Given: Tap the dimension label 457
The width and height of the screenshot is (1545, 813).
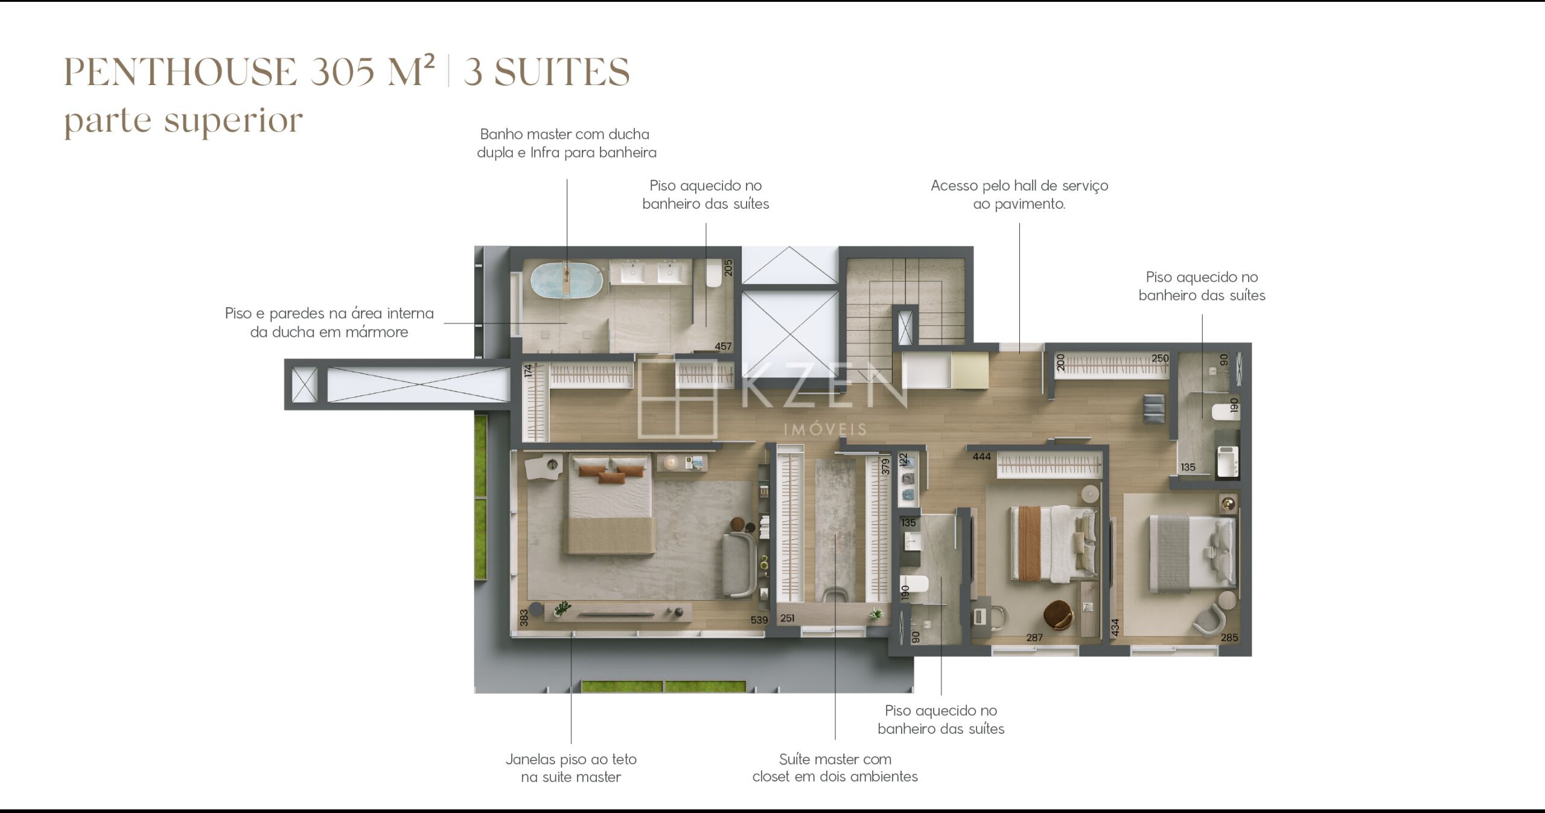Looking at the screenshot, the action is (723, 346).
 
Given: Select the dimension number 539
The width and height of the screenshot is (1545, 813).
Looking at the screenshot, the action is (759, 620).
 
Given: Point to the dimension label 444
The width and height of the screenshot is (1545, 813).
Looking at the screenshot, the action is (982, 457).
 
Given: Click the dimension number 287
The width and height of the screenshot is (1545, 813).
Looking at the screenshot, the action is (1034, 637).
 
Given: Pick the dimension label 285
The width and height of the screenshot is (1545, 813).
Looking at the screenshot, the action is (1229, 637).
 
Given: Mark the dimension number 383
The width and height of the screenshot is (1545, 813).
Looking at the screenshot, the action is (524, 617).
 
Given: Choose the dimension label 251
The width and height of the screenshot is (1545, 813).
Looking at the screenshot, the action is (787, 618).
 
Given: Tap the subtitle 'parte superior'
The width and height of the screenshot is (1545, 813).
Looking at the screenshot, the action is (183, 121).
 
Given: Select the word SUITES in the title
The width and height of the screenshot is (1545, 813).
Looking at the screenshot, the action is (562, 72).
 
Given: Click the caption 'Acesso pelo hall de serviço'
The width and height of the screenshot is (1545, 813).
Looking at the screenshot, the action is (1019, 185).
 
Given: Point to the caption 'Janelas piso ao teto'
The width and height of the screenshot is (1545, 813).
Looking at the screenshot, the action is (571, 759).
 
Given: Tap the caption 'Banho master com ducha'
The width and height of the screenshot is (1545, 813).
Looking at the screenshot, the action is (565, 134).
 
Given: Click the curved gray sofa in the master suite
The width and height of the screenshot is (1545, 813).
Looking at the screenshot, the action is (739, 565).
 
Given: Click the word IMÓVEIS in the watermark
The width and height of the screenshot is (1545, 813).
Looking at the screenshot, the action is (825, 430).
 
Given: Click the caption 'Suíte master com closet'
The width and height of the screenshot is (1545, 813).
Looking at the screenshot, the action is (835, 768).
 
